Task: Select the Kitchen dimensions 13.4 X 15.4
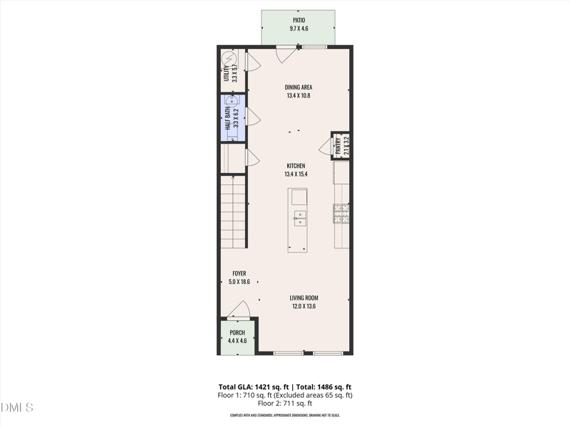pyautogui.click(x=299, y=174)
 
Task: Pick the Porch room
pyautogui.click(x=237, y=337)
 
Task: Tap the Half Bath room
pyautogui.click(x=233, y=118)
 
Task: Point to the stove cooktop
pyautogui.click(x=341, y=213)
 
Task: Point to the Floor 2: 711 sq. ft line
pyautogui.click(x=285, y=404)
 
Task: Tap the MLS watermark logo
pyautogui.click(x=17, y=408)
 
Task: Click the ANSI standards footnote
pyautogui.click(x=285, y=415)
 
